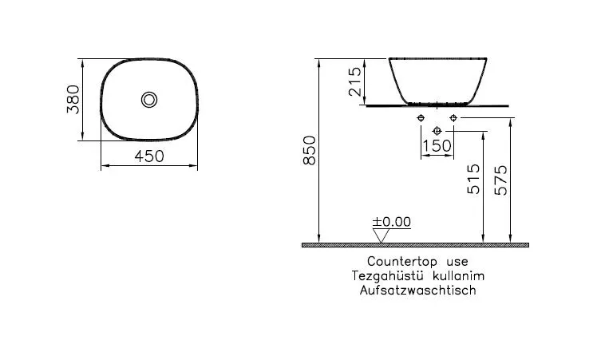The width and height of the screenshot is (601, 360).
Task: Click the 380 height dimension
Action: coord(73,99)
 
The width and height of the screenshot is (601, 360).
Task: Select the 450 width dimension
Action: coord(148,156)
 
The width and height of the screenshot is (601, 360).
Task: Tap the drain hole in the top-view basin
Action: coord(149,99)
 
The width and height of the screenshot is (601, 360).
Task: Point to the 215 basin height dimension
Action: coord(356,81)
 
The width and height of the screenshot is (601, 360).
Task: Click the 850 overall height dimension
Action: coord(310,150)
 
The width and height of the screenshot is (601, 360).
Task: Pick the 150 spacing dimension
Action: coord(437,145)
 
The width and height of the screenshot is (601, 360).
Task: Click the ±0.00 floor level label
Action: coord(391,221)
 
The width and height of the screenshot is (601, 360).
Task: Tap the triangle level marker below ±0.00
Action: coord(382,235)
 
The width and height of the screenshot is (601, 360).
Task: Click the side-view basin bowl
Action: coord(437,80)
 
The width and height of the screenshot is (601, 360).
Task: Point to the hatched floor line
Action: coord(415,245)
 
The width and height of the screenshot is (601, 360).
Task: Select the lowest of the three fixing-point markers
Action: coord(437,130)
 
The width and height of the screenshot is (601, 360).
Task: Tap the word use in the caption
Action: coord(456,261)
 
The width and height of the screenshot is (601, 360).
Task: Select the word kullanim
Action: coord(457,275)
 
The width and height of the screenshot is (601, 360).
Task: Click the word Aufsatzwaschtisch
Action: coord(417,290)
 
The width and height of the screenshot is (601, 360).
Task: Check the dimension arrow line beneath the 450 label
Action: coord(149,166)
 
